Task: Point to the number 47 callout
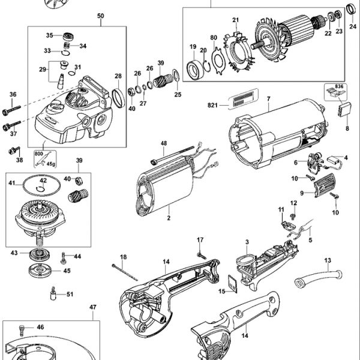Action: click(92, 307)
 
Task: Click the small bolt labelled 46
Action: click(23, 328)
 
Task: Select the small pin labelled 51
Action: click(53, 294)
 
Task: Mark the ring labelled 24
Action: click(351, 10)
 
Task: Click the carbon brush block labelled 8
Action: click(346, 111)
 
